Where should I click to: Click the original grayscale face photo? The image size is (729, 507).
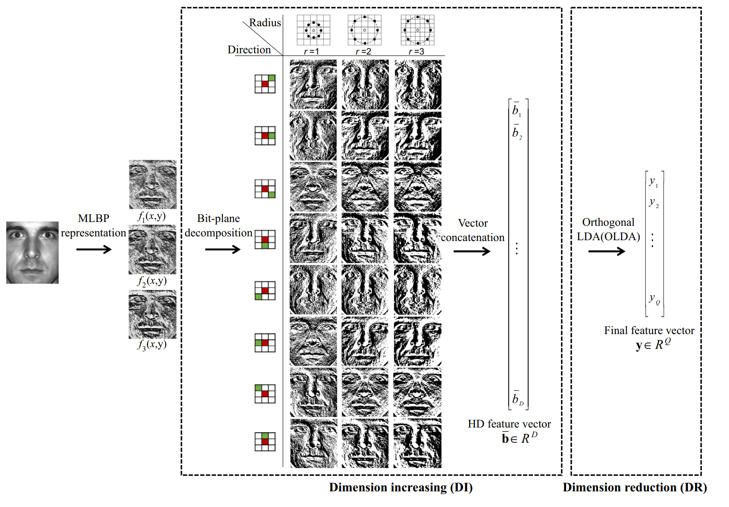point(32,252)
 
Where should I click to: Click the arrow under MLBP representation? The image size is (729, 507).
point(93,249)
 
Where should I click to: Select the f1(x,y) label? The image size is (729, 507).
point(151,217)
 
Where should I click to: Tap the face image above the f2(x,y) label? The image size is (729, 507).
point(152,249)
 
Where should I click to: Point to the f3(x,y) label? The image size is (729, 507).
point(152,345)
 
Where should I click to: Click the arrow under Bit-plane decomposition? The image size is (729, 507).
point(222,249)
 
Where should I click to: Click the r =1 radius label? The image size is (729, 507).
point(312,52)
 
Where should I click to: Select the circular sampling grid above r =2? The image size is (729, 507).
point(364,30)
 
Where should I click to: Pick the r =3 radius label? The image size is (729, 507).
point(417,52)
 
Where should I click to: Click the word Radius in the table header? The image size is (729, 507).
point(265,23)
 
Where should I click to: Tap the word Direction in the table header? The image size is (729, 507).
point(249,50)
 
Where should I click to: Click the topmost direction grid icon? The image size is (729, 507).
point(265,84)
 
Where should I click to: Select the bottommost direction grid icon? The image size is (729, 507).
point(265,441)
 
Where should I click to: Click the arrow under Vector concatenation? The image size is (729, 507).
point(471,252)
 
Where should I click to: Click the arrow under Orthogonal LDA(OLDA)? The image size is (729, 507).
point(606,252)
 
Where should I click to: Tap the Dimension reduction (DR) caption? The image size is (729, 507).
point(635,488)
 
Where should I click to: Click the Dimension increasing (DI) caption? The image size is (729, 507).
point(401,488)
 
